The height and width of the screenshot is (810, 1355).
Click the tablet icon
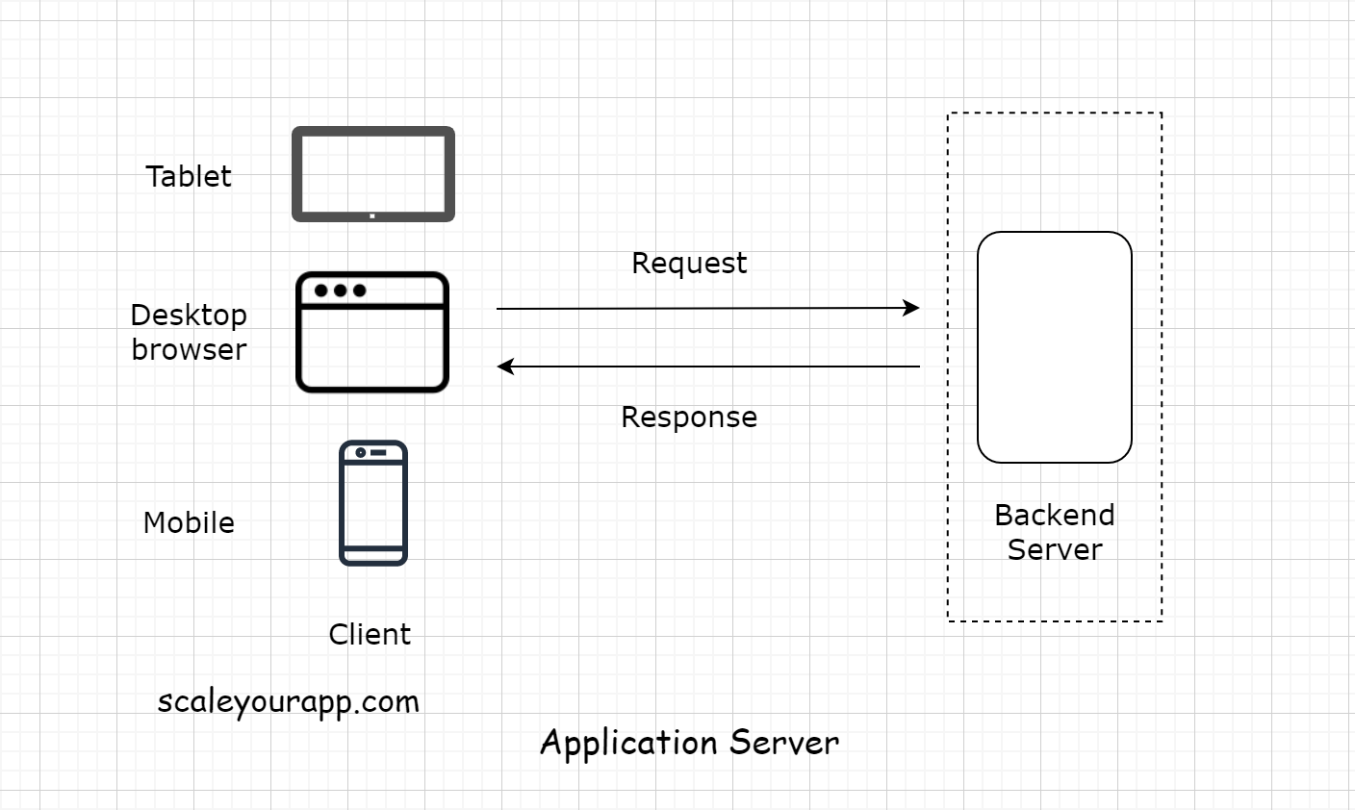373,174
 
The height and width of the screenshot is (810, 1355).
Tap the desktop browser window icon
372,333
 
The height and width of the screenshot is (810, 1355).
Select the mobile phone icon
373,503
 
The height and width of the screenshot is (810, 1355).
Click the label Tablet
189,176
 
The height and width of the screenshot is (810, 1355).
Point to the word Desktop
189,315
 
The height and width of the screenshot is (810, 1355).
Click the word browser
189,349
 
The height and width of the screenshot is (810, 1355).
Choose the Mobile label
189,522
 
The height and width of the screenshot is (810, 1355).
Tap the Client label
370,634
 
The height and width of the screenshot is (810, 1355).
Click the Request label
689,263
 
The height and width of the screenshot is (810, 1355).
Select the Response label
689,417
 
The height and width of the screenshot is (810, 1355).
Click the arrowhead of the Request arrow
911,308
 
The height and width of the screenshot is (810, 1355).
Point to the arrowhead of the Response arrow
505,367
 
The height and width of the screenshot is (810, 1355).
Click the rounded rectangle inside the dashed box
1055,347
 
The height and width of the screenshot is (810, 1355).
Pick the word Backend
1055,515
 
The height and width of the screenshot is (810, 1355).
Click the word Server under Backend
1055,549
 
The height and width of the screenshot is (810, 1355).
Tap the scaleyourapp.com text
289,701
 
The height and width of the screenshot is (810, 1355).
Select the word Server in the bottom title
784,742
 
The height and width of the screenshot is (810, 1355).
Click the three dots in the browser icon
340,291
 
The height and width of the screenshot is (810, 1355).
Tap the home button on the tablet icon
372,215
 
